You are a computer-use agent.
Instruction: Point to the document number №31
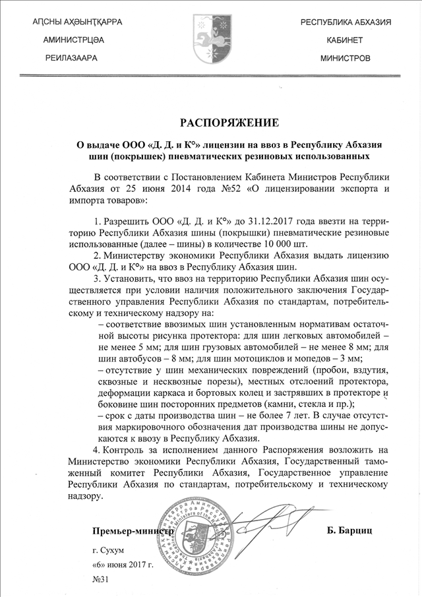point(101,579)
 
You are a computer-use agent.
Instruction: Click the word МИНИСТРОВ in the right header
point(345,58)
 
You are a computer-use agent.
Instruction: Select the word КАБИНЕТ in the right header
point(345,40)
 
